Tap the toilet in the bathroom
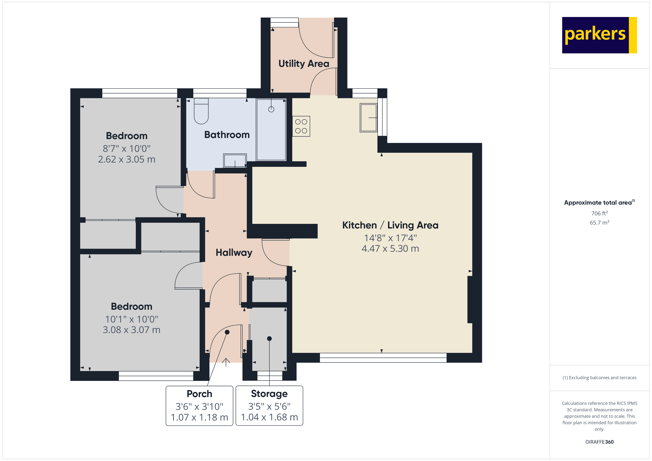click(201, 111)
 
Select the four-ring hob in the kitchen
click(301, 126)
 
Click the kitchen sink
click(369, 117)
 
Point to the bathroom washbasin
click(235, 161)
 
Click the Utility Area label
click(304, 64)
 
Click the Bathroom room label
click(227, 135)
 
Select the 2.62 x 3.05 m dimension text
click(127, 159)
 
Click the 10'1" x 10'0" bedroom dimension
click(131, 319)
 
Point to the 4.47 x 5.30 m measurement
click(390, 248)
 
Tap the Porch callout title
click(199, 394)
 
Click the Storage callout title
click(269, 394)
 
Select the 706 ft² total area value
click(600, 213)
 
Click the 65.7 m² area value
click(600, 223)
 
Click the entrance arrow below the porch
click(226, 362)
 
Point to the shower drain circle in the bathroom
click(271, 109)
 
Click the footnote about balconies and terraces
click(600, 378)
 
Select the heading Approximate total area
click(598, 202)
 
